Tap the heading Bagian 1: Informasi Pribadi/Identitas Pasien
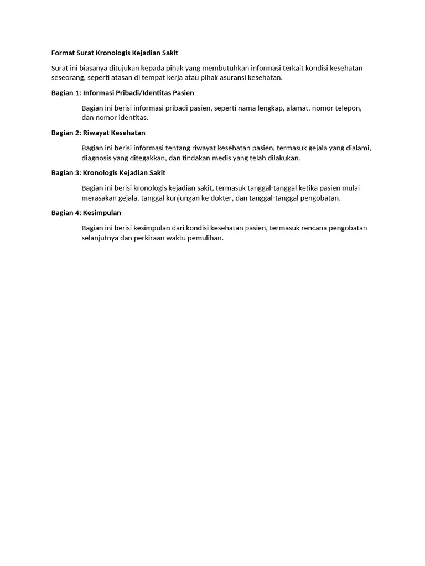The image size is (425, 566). (122, 93)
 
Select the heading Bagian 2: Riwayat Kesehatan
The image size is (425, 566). (98, 133)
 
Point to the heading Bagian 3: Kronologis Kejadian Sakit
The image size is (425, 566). (108, 173)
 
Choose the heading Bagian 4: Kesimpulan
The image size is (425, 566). (86, 213)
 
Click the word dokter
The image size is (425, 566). (221, 198)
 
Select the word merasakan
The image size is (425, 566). (99, 198)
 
